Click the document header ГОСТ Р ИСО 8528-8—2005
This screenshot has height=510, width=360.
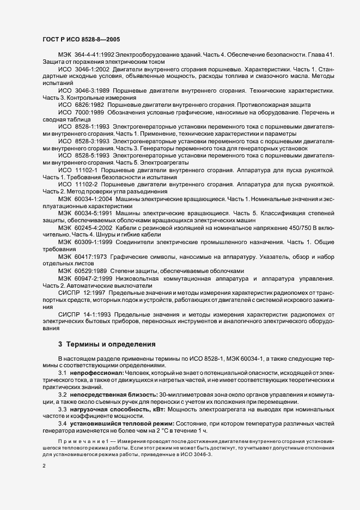(82, 40)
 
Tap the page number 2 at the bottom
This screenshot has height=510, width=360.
(45, 466)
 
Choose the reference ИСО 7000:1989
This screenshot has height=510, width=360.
(81, 112)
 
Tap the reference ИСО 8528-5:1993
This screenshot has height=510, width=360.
(83, 155)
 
